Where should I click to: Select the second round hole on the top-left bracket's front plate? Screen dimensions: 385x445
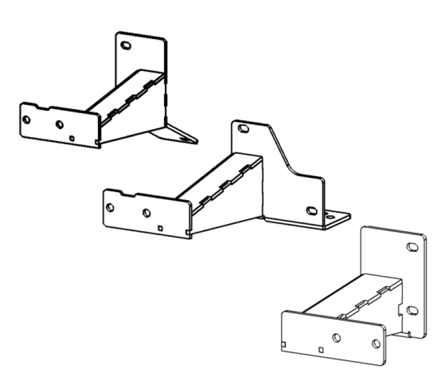point(60,124)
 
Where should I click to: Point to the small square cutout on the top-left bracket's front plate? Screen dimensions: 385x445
point(72,137)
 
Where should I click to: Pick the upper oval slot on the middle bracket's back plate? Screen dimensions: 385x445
point(243,129)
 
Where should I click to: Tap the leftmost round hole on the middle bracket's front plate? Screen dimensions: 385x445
point(110,207)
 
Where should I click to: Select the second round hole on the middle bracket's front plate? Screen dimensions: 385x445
point(147,213)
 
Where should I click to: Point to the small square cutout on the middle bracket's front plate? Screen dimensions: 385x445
point(160,227)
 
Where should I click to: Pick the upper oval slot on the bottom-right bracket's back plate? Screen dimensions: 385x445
point(412,247)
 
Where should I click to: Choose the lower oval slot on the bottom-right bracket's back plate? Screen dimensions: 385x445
point(412,310)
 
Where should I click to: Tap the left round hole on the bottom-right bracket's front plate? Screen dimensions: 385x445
point(336,338)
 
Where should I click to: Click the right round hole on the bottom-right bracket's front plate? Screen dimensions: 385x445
point(376,344)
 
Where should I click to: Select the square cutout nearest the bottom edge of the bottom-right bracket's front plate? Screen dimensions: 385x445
point(320,350)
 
